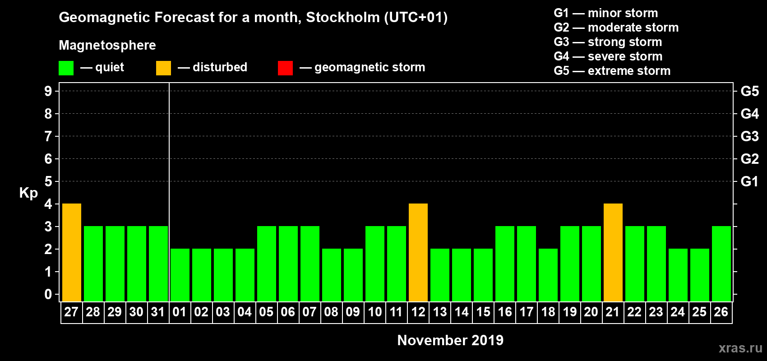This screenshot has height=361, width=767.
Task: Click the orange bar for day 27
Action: (x=72, y=252)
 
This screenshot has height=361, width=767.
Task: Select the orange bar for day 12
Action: (x=418, y=252)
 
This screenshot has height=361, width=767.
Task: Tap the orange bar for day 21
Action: (x=613, y=252)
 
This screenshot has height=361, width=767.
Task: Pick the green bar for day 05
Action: (x=267, y=264)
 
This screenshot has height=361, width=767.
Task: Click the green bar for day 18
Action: (x=548, y=275)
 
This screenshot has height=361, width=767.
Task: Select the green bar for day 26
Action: (x=721, y=264)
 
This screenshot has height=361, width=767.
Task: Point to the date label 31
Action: (x=158, y=312)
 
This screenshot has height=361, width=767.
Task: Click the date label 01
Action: (x=180, y=312)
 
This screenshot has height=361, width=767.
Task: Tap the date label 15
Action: (x=483, y=312)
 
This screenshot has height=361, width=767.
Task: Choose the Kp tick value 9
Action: (x=48, y=91)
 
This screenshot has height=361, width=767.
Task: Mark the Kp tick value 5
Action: (x=48, y=181)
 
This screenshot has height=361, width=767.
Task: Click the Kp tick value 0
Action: (x=48, y=294)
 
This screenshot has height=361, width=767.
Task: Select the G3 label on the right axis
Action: (x=749, y=136)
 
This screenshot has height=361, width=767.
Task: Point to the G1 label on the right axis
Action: (x=749, y=181)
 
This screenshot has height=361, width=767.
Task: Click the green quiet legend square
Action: (x=66, y=68)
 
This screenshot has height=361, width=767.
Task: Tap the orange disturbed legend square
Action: (x=164, y=68)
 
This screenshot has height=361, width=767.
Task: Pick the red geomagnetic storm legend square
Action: (x=286, y=68)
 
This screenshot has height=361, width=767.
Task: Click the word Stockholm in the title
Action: (x=343, y=18)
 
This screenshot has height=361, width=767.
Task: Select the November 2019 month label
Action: (x=450, y=340)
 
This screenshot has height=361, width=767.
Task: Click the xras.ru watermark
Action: (x=740, y=348)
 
